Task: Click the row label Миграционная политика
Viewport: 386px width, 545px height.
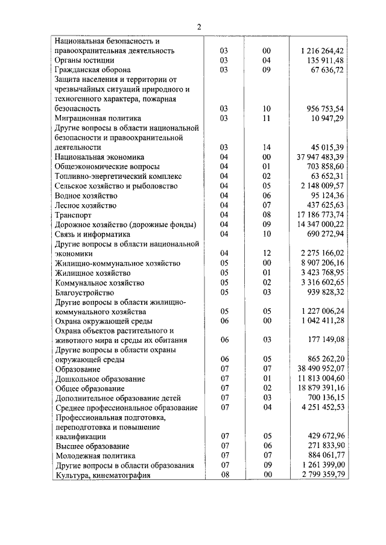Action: (98, 118)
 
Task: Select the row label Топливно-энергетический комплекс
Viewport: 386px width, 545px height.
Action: (118, 176)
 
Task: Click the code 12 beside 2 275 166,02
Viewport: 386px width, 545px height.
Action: (267, 254)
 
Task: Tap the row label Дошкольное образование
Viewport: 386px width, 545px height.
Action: (100, 379)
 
